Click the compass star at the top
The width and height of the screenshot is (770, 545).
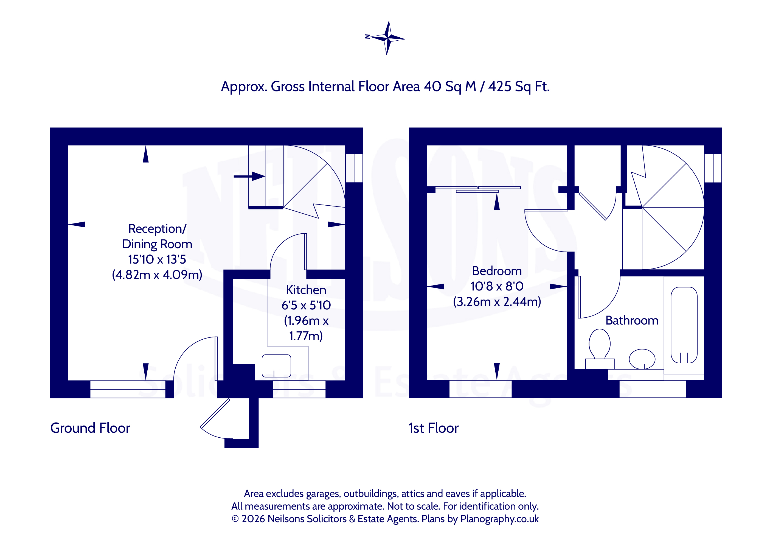388,38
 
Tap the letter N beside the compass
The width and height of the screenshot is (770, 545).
367,36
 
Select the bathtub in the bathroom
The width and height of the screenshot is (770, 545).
684,325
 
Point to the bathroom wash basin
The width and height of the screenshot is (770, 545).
642,359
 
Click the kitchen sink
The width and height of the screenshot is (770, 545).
276,366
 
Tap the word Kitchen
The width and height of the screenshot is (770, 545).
306,290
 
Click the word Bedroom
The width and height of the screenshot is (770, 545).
497,271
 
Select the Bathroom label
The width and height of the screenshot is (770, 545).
632,320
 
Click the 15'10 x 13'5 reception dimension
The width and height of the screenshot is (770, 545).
157,259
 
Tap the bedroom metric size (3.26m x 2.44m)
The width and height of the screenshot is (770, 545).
497,301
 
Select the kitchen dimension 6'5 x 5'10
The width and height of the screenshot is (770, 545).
306,305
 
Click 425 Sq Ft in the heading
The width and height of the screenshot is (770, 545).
519,86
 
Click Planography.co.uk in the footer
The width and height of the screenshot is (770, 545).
499,519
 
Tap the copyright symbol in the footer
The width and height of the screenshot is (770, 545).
235,519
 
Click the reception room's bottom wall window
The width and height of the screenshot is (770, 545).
128,389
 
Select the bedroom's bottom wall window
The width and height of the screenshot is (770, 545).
480,389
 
